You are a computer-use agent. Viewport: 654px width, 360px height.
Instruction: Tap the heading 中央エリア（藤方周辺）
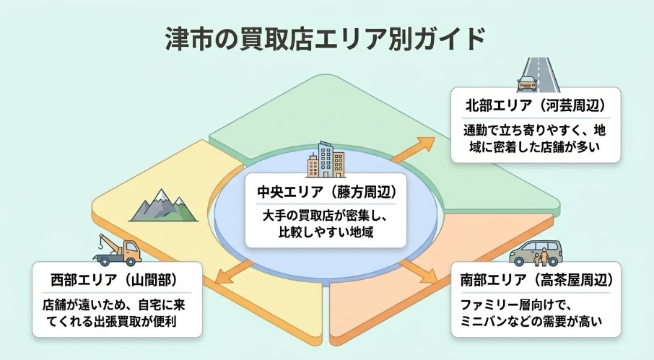point(327,193)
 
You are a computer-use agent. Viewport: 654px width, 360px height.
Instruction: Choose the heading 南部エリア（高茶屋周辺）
point(536,279)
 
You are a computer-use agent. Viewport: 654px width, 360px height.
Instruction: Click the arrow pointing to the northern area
point(413,148)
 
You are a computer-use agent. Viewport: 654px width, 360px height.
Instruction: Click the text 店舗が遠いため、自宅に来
point(115,303)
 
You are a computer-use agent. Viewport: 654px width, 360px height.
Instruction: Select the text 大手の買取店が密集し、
point(327,216)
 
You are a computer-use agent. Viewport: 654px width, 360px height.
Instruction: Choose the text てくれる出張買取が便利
point(115,320)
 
